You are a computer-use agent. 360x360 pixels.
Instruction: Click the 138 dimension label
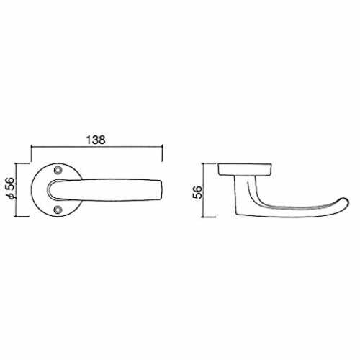[96, 140]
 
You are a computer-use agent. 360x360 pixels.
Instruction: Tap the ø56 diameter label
[11, 189]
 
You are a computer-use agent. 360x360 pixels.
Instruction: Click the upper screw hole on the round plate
[58, 170]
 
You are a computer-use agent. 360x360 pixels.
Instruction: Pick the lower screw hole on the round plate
[58, 210]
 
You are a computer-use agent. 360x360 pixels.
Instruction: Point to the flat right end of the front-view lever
[161, 189]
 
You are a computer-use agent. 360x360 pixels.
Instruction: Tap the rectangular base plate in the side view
[245, 169]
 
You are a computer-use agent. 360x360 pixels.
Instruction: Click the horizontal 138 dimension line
[97, 146]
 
